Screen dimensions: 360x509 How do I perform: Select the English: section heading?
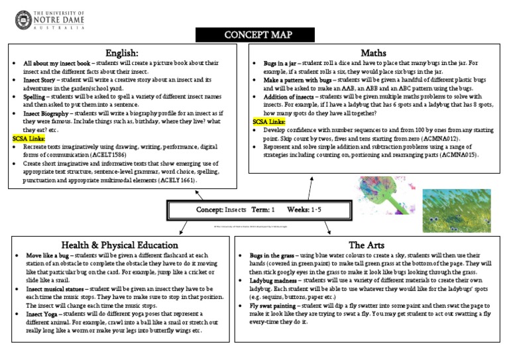[122, 52]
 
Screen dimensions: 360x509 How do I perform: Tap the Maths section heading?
[373, 52]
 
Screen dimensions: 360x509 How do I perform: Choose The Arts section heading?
[367, 244]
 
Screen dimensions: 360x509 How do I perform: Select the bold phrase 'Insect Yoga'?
[46, 314]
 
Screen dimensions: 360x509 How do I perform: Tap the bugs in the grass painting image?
[457, 210]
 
